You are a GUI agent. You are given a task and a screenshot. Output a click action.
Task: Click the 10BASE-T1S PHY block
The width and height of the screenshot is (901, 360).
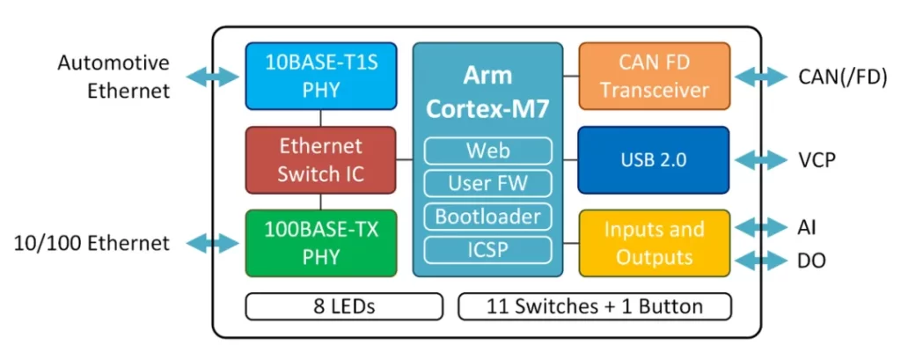319,76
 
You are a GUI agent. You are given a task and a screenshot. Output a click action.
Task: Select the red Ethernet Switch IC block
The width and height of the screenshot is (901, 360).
319,159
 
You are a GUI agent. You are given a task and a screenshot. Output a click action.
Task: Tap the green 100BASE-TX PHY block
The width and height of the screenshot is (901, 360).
319,242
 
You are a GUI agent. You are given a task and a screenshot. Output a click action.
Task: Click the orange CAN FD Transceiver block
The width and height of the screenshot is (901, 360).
654,76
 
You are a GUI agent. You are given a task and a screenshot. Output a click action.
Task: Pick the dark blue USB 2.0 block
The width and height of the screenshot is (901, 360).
654,159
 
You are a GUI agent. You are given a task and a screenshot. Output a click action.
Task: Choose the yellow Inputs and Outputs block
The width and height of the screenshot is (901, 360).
654,242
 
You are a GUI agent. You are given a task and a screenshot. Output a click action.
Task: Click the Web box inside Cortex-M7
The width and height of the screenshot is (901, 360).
487,151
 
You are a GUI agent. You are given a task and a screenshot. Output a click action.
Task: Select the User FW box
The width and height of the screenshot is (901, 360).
487,183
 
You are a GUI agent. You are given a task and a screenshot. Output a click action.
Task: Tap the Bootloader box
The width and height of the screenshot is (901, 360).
487,216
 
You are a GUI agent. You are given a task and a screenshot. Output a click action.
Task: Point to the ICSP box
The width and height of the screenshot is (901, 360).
487,249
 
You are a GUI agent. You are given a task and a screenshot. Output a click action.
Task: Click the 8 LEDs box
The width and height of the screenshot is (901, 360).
344,306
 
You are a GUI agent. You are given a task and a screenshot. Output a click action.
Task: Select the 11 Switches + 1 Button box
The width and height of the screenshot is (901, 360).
595,306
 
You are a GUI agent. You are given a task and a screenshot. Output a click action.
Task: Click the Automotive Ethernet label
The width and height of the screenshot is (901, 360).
114,77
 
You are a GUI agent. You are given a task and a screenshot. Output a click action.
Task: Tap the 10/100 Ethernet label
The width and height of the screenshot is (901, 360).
92,243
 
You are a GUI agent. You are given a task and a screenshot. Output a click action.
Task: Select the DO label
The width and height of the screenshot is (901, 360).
811,261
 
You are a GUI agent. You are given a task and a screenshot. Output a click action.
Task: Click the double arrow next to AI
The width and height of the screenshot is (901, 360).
760,227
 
